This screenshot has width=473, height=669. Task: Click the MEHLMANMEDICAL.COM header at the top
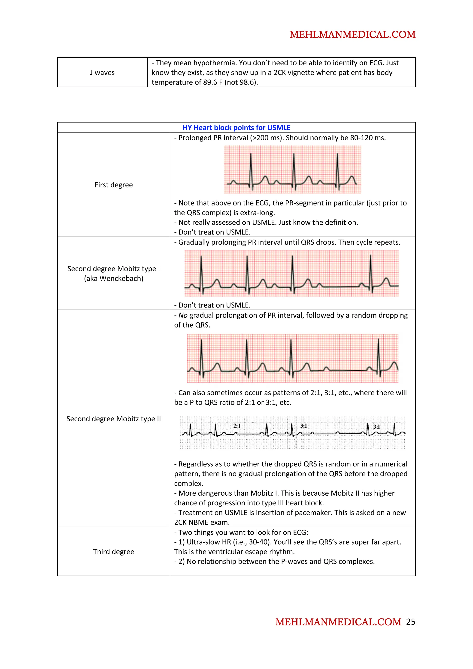pos(352,35)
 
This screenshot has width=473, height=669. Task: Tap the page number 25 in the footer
pos(410,622)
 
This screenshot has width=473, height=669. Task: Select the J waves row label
pos(102,72)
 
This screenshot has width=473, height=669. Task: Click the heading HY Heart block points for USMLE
pos(236,128)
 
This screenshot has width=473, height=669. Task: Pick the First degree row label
pos(114,185)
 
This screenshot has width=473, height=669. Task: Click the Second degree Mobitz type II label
pos(114,419)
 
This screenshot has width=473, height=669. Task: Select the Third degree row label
pos(114,551)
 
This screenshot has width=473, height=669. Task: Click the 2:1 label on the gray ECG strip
pos(237,426)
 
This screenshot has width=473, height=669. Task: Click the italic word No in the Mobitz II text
pos(183,315)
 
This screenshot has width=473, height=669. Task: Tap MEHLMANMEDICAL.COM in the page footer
pos(338,622)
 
